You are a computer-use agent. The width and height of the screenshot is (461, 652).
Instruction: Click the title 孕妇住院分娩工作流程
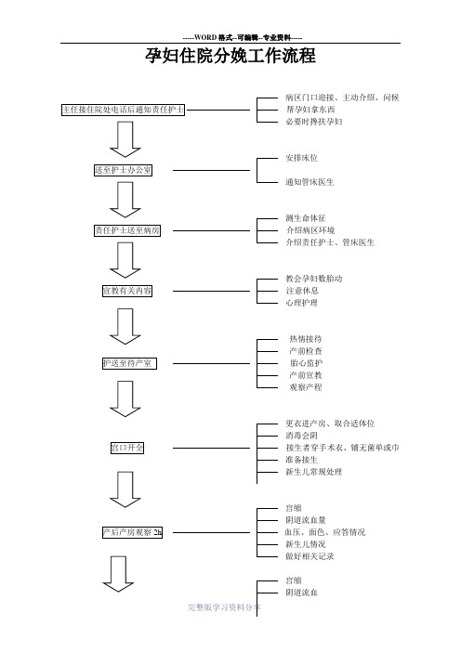[x=230, y=56]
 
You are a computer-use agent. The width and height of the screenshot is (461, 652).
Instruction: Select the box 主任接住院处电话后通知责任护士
[x=124, y=110]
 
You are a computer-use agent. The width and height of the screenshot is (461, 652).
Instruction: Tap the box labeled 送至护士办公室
[x=124, y=170]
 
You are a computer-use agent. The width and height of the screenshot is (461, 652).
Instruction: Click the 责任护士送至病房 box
[x=127, y=230]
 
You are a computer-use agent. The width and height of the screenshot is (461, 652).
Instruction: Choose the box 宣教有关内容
[x=127, y=291]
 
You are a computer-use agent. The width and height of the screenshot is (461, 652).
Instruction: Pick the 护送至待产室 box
[x=129, y=363]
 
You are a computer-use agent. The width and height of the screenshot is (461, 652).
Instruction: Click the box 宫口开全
[x=127, y=448]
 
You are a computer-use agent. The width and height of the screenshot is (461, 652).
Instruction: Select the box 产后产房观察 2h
[x=132, y=532]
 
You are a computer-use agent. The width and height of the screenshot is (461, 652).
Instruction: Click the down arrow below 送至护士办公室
[x=125, y=200]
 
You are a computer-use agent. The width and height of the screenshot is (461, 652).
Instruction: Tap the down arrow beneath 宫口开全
[x=125, y=489]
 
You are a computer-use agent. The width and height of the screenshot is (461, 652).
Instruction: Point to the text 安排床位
[x=302, y=158]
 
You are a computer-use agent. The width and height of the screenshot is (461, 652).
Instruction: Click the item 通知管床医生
[x=310, y=182]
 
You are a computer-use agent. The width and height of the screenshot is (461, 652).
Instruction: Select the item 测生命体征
[x=306, y=218]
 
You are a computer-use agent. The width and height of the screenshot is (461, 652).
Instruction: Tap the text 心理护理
[x=302, y=303]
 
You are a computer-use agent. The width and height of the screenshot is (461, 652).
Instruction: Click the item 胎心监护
[x=306, y=363]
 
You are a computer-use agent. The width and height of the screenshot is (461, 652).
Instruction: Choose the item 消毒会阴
[x=302, y=436]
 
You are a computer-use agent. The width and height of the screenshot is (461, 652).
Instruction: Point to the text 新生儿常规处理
[x=314, y=472]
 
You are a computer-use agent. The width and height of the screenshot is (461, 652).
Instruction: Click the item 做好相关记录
[x=310, y=556]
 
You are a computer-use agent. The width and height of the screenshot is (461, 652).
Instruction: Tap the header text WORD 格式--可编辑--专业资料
[x=243, y=37]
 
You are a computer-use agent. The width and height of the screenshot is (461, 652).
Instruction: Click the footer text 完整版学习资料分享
[x=224, y=607]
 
